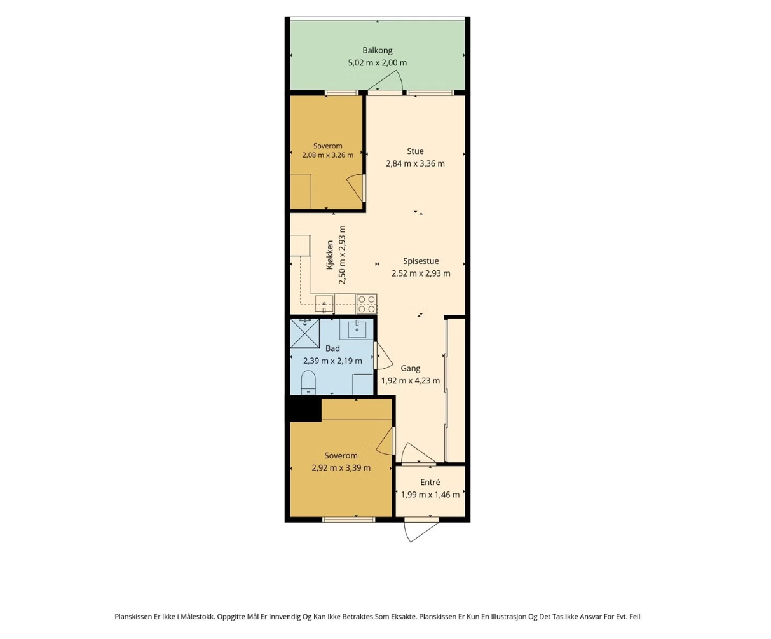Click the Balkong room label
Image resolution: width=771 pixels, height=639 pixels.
click(x=377, y=51)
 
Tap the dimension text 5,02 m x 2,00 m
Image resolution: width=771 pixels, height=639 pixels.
click(x=377, y=63)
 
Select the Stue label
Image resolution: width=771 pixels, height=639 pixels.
click(x=415, y=151)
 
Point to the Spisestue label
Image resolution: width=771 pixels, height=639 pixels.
click(x=421, y=261)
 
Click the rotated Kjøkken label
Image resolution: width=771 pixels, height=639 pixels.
click(x=330, y=255)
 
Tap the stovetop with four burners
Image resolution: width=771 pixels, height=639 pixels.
click(x=366, y=304)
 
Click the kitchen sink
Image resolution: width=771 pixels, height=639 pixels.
click(x=324, y=303)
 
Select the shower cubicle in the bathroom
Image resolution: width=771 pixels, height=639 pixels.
click(x=304, y=333)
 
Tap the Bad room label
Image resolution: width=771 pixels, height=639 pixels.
click(x=332, y=348)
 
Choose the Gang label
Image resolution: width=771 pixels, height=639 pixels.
click(x=410, y=368)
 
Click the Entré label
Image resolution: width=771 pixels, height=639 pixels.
click(x=430, y=483)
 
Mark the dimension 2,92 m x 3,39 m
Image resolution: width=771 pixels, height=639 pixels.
click(x=341, y=468)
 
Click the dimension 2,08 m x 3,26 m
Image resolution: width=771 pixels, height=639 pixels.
click(x=327, y=155)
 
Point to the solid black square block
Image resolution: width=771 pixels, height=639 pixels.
click(x=305, y=409)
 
